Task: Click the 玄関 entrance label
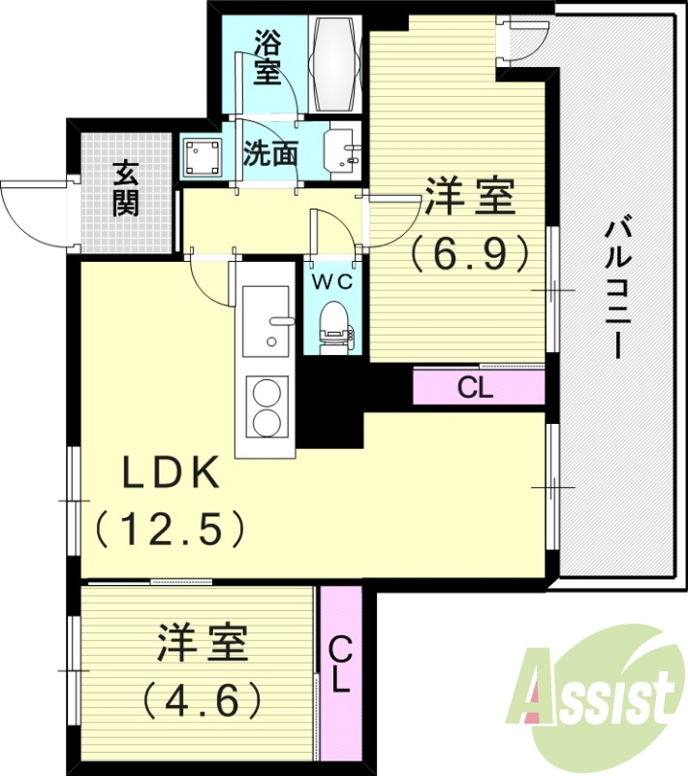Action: point(126,187)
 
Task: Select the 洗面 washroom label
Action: point(269,153)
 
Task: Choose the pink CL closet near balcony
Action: point(478,387)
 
